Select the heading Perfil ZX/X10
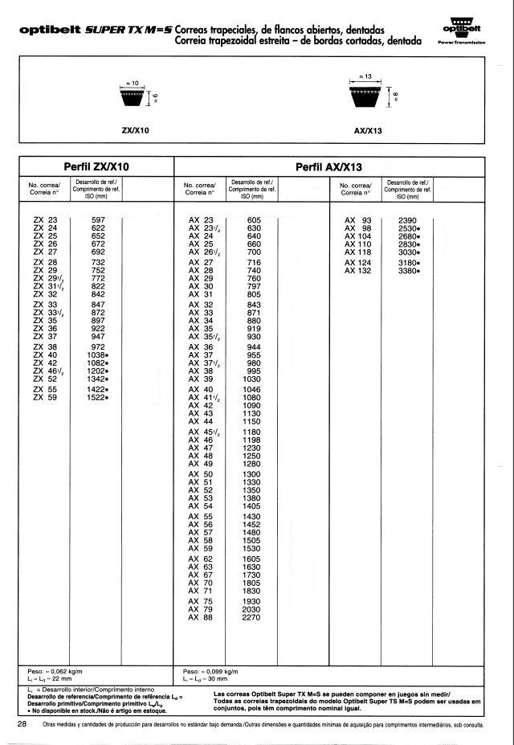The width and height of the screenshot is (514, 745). [x=97, y=167]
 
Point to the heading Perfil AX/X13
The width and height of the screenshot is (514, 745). [x=329, y=167]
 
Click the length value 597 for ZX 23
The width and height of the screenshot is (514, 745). [x=99, y=219]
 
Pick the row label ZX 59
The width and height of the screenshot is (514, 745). [x=46, y=398]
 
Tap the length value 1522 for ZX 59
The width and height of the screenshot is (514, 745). [x=97, y=398]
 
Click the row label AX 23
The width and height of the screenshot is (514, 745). [x=201, y=219]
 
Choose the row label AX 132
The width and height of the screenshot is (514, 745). [x=358, y=271]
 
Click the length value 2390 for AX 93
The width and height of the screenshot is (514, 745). [x=408, y=219]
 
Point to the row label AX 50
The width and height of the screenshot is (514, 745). [x=201, y=475]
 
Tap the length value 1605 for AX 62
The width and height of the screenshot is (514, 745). [x=254, y=558]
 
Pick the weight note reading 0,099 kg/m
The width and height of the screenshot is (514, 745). [x=210, y=670]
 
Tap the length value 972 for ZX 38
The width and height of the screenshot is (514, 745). [x=99, y=346]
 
